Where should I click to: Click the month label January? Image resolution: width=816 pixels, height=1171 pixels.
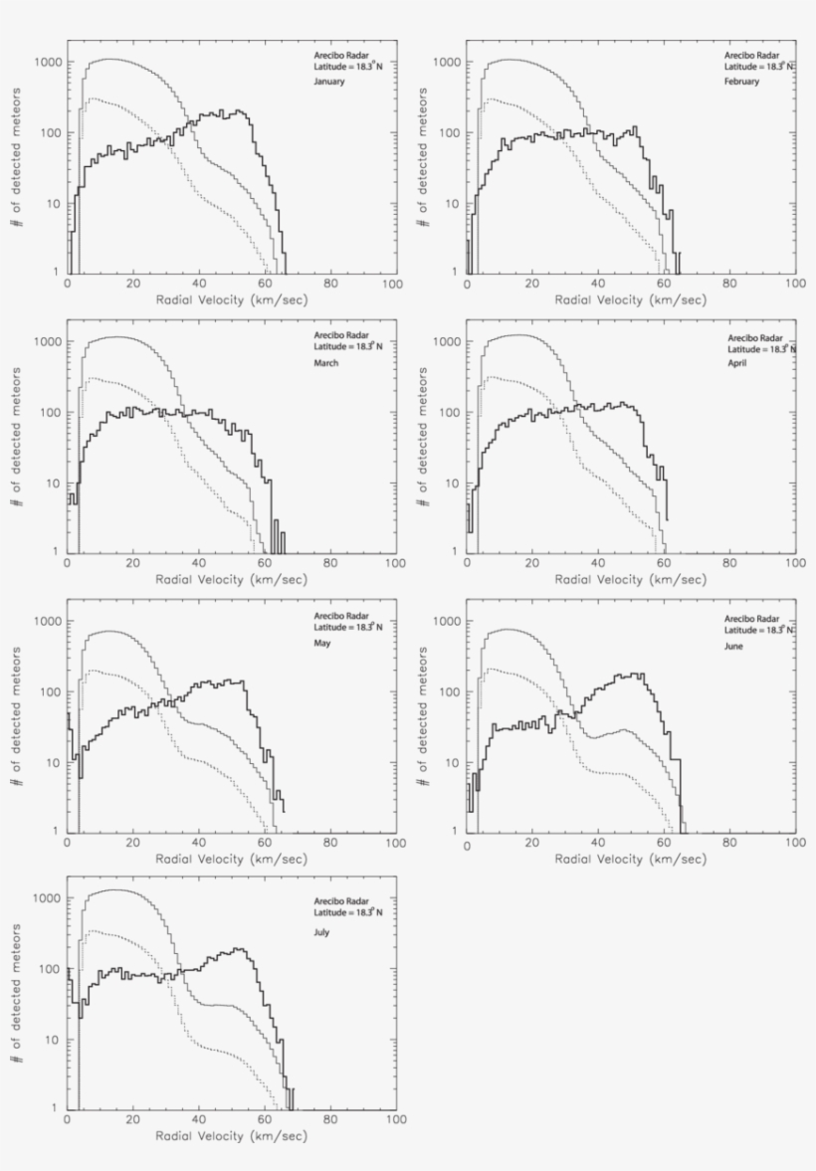(x=328, y=82)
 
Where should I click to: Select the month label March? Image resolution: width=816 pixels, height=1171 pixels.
(x=325, y=363)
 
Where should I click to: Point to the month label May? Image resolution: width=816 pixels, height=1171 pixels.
(x=322, y=643)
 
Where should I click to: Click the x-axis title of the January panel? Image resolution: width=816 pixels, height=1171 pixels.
(x=230, y=299)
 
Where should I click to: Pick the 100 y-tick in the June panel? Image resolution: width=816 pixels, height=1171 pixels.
(x=450, y=692)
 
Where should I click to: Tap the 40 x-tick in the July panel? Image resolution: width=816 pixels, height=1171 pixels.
(x=198, y=1120)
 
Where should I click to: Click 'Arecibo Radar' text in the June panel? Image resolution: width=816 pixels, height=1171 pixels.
(x=748, y=618)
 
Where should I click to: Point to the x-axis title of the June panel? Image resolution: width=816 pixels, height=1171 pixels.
(x=630, y=859)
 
